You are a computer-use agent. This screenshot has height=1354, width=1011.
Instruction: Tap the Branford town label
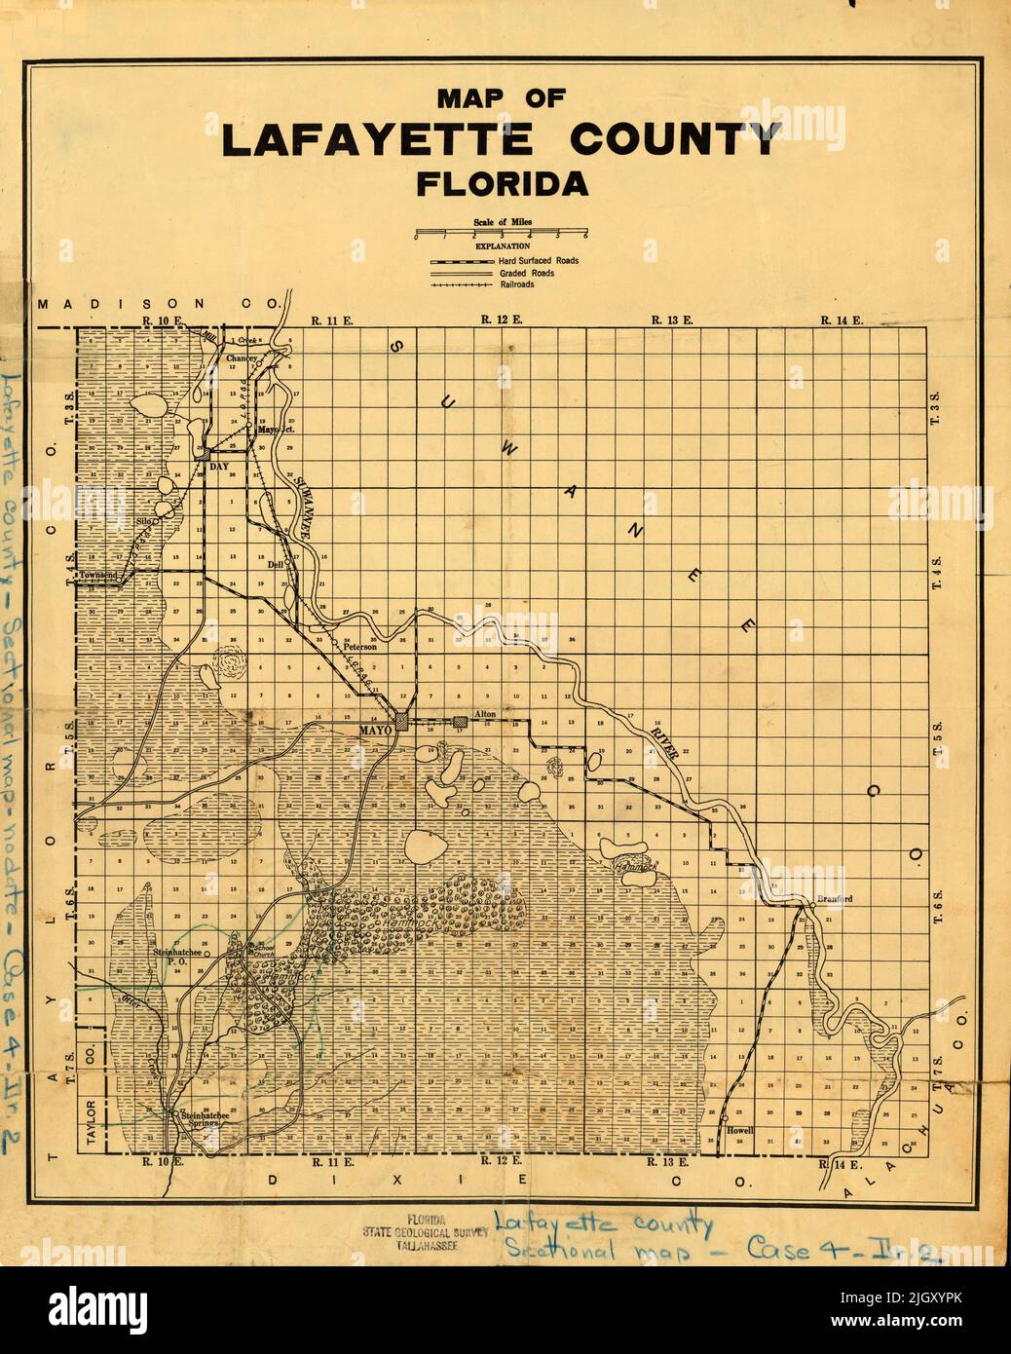click(x=834, y=898)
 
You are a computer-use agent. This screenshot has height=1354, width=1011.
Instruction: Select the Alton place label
click(x=484, y=714)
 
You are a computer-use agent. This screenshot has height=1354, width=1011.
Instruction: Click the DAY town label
click(x=218, y=467)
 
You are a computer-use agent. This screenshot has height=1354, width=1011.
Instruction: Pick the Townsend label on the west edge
click(x=97, y=576)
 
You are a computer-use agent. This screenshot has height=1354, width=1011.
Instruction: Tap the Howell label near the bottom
click(x=740, y=1130)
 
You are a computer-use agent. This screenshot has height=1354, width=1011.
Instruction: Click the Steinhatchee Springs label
click(x=197, y=1119)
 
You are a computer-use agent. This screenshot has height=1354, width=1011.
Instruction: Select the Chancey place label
click(x=242, y=358)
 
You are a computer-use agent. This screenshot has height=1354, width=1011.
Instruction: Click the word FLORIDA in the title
click(x=502, y=183)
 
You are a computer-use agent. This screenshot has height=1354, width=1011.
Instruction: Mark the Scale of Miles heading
click(x=502, y=222)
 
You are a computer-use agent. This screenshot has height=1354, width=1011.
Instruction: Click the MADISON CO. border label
click(x=159, y=304)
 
